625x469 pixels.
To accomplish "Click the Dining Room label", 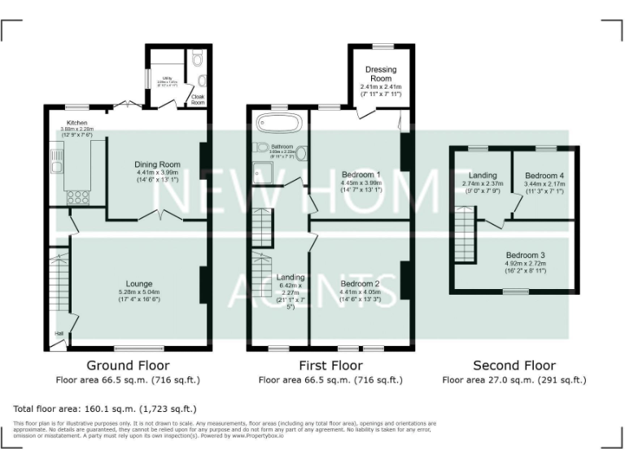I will [157, 164].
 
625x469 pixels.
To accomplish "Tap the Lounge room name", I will [138, 283].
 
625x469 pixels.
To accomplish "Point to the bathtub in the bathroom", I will [279, 124].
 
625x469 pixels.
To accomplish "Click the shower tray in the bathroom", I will [265, 171].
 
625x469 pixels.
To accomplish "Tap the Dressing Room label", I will [381, 74].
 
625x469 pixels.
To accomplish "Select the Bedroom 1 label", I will [361, 174].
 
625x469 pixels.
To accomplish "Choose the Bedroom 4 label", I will [544, 176].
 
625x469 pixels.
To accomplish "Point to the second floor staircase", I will [465, 234].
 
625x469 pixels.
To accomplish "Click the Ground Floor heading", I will [127, 366].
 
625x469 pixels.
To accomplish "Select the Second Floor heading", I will [514, 366].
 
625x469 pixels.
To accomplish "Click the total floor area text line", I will [105, 408].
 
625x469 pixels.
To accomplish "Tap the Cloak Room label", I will [198, 99].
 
